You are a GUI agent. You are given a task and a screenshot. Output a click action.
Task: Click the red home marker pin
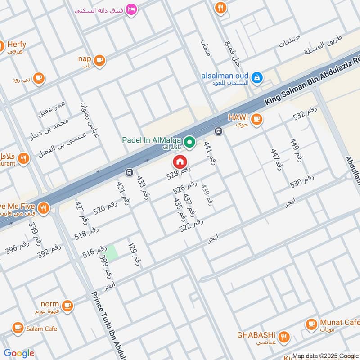179,161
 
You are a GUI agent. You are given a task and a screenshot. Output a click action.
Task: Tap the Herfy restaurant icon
1,45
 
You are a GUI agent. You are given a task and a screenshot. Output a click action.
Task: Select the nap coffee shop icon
99,59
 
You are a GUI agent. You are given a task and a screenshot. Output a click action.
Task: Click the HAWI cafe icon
256,119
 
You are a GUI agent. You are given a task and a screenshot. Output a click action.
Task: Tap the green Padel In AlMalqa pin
190,143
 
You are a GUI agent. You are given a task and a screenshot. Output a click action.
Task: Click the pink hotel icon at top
131,9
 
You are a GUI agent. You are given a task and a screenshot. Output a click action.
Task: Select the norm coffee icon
67,306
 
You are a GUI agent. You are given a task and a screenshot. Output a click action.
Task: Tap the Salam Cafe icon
18,328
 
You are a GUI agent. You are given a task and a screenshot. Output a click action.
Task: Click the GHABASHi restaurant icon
283,336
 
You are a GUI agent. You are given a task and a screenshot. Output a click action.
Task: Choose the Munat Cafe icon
311,324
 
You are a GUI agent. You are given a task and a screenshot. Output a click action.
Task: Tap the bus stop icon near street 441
218,131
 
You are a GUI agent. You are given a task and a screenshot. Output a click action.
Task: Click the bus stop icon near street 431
129,172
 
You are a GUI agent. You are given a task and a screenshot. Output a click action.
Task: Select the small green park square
112,252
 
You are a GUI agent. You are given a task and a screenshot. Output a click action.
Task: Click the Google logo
19,353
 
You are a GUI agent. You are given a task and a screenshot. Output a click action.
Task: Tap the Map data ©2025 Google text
325,355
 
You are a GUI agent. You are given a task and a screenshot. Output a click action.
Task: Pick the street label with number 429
135,254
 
